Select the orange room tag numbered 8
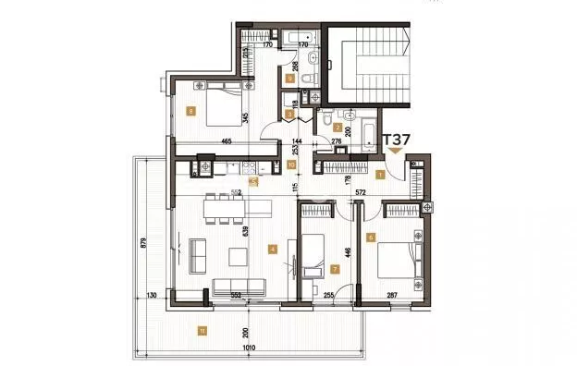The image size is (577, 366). click(190, 111)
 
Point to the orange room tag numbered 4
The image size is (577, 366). click(272, 248)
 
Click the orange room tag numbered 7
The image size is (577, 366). click(335, 270)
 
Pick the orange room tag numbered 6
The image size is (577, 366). click(371, 238)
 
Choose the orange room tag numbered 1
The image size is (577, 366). click(380, 173)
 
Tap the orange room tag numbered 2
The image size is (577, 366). click(338, 128)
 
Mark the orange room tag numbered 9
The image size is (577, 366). click(290, 79)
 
